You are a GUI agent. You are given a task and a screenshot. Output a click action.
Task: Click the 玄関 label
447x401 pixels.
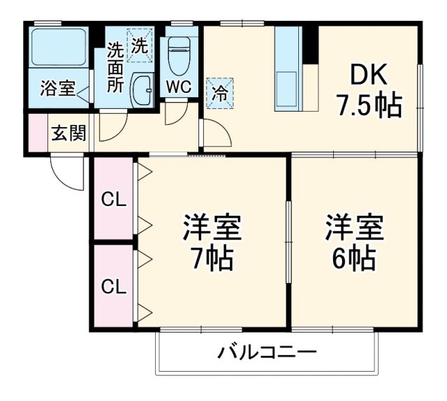68,132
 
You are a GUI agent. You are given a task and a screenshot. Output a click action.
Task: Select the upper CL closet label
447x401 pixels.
113,200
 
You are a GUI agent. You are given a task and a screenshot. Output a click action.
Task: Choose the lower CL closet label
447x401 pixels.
113,286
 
